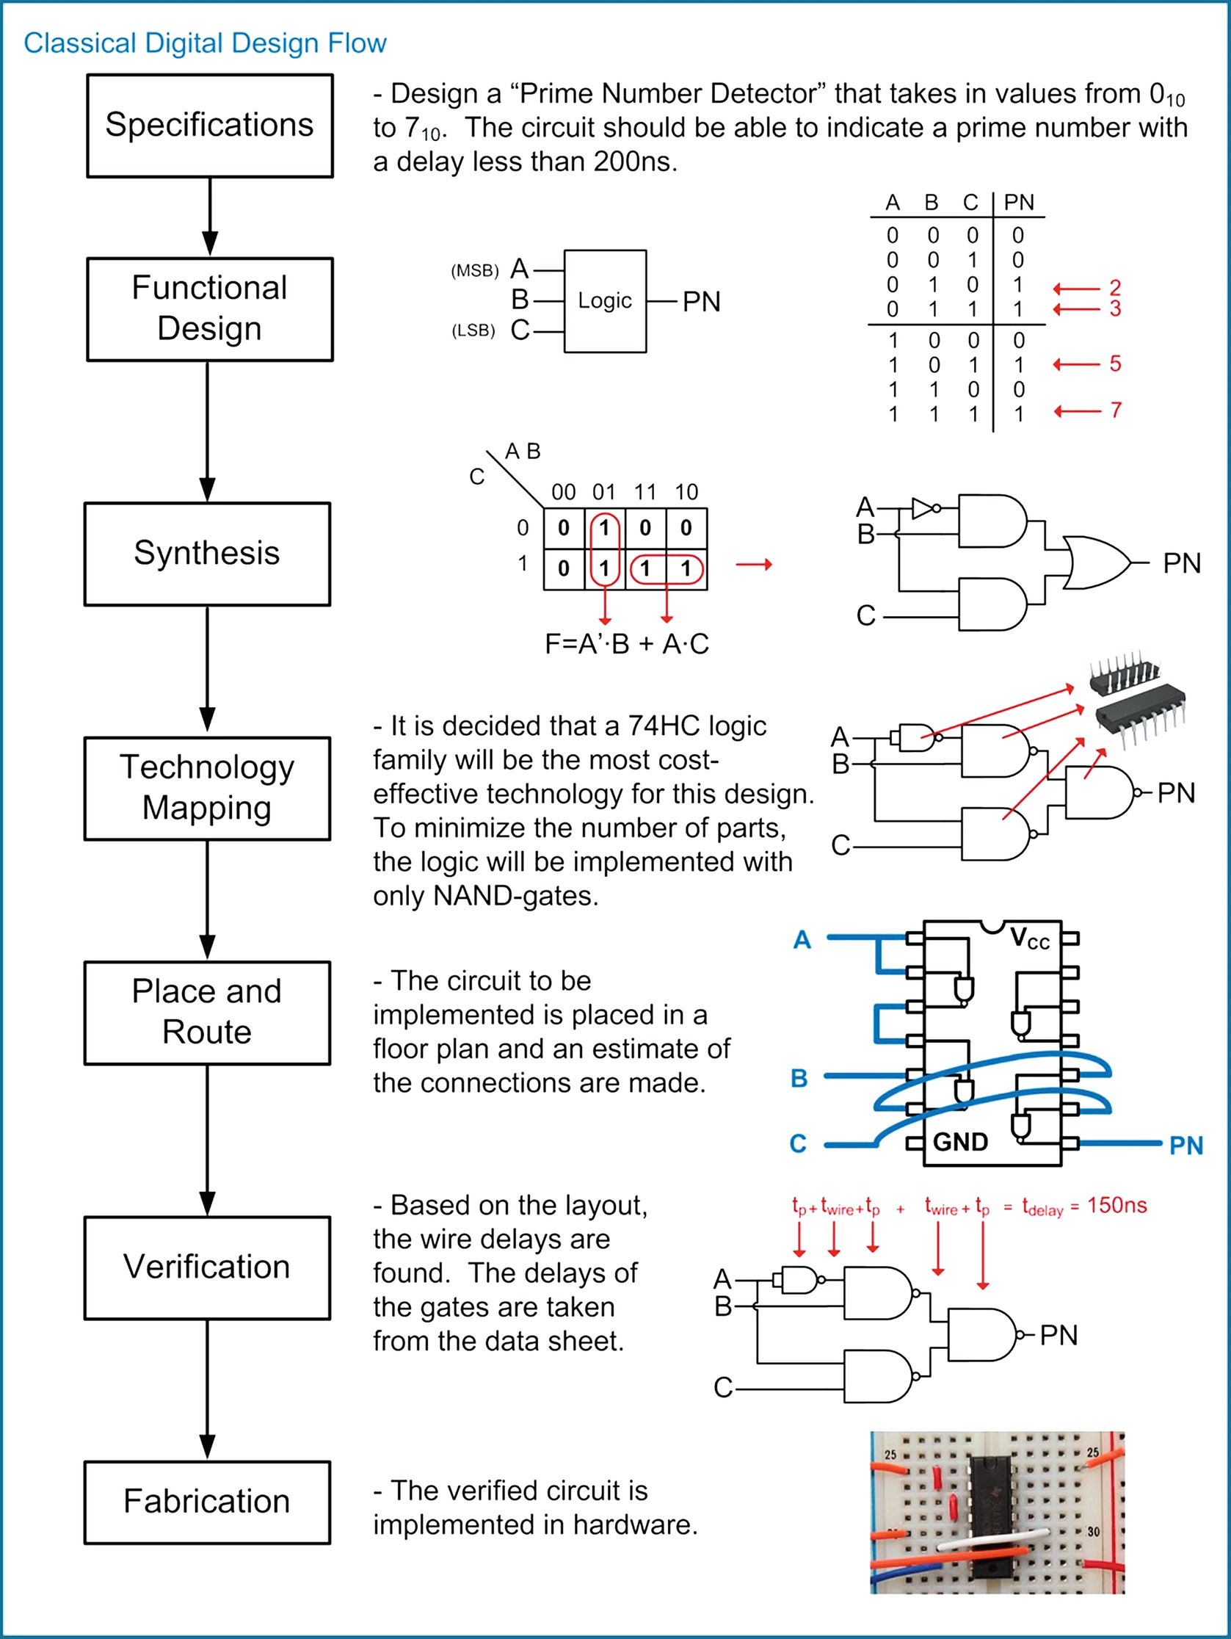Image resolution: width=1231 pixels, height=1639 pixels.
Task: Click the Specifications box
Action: click(x=210, y=126)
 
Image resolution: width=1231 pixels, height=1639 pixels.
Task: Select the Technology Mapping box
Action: click(x=208, y=789)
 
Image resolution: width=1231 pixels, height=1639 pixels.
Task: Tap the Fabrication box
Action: click(x=208, y=1502)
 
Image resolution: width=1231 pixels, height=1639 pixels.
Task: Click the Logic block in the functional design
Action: click(x=605, y=301)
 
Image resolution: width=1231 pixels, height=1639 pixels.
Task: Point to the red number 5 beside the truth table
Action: click(x=1115, y=363)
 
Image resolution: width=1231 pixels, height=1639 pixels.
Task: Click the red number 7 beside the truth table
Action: click(x=1116, y=410)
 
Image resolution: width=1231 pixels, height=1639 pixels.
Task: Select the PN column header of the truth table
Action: click(x=1018, y=202)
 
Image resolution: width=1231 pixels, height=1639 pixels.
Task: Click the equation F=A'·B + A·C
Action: click(x=627, y=644)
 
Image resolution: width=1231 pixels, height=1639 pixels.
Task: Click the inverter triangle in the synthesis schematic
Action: click(x=923, y=508)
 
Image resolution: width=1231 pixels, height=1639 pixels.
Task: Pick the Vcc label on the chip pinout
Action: click(x=1031, y=938)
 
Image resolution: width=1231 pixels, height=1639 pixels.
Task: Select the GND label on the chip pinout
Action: click(x=961, y=1142)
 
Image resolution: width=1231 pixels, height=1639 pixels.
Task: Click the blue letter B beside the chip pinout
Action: click(x=799, y=1078)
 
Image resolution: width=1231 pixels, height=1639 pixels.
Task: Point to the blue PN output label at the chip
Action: click(x=1185, y=1146)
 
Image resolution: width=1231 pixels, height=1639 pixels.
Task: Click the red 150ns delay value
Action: click(x=1117, y=1206)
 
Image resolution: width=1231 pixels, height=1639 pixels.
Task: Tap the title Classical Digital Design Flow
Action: click(x=206, y=43)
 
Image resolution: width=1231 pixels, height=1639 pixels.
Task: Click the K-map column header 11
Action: click(x=645, y=491)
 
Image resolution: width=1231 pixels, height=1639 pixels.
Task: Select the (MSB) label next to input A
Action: click(x=475, y=270)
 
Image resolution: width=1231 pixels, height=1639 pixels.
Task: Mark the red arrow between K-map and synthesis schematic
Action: click(x=754, y=565)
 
